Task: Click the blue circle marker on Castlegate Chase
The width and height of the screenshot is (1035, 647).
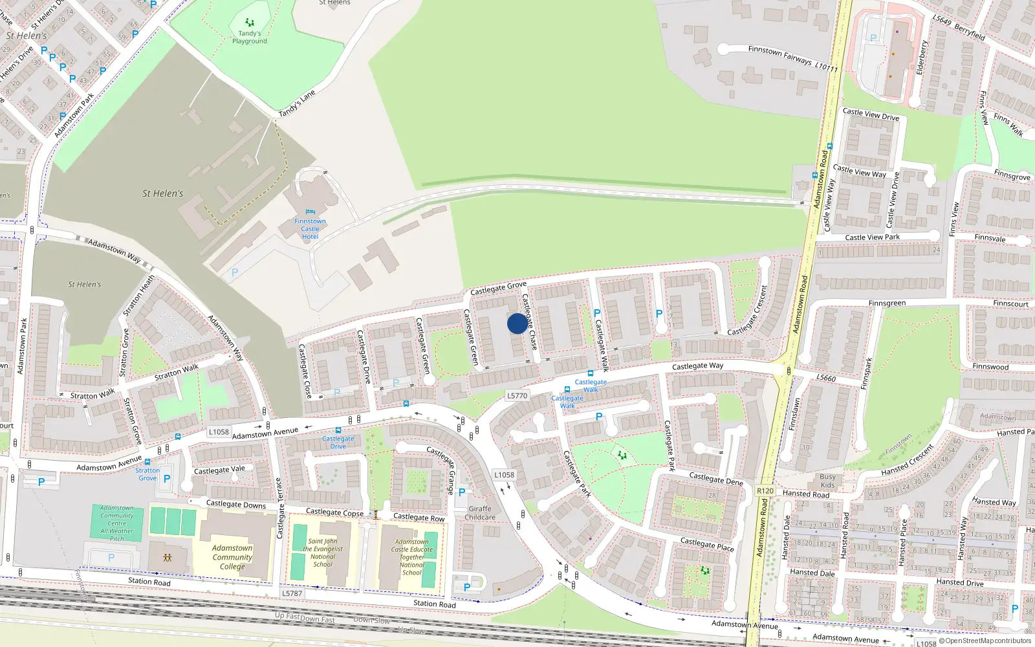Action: (517, 323)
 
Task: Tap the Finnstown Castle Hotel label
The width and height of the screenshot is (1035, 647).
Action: (310, 229)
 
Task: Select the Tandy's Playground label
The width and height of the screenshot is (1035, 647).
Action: (250, 37)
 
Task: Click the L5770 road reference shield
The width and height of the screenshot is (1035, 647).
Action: (517, 395)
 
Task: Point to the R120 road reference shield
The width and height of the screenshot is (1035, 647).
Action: (765, 491)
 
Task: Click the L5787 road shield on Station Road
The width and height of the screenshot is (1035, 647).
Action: (292, 593)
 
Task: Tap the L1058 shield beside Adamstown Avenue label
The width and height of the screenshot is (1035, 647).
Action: (219, 432)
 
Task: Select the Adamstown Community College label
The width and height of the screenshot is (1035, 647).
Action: (232, 557)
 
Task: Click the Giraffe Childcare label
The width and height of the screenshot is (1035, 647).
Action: (480, 513)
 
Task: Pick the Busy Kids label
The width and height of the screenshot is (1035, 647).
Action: (827, 481)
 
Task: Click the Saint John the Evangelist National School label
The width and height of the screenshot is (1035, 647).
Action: (323, 553)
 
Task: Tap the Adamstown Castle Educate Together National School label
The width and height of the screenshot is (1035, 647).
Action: (411, 557)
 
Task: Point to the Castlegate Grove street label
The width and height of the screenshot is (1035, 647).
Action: (498, 288)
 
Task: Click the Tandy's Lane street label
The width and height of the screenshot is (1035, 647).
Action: (297, 104)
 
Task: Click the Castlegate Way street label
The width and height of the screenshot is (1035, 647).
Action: (697, 366)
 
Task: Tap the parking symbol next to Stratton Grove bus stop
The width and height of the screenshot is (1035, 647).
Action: (167, 479)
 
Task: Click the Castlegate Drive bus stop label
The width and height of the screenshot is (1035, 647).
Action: (338, 443)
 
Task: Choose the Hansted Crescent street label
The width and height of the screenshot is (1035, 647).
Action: (907, 460)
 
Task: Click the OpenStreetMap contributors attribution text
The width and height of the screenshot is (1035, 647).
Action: (988, 641)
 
